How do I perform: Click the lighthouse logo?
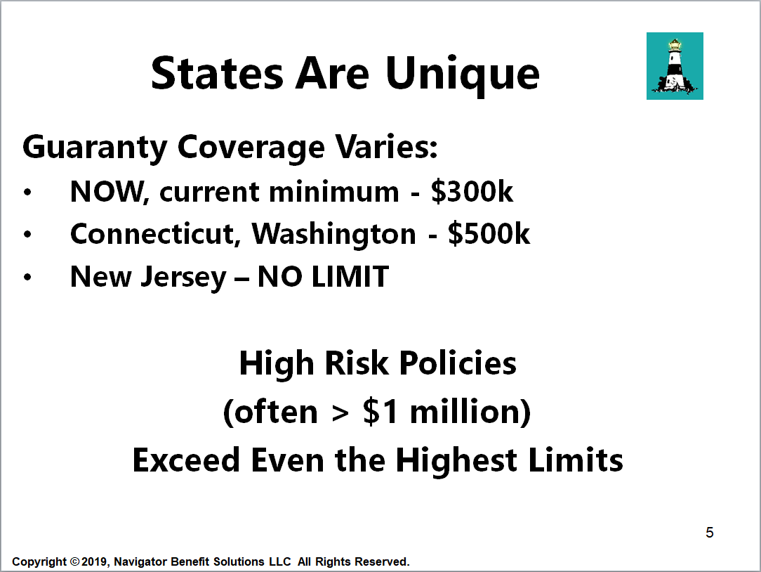click(x=675, y=66)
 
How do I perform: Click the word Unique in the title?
click(x=462, y=74)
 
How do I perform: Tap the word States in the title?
click(x=217, y=73)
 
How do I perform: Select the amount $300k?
click(x=472, y=191)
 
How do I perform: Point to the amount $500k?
click(x=489, y=234)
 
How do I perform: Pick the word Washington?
click(x=334, y=235)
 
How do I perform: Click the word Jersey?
click(x=183, y=278)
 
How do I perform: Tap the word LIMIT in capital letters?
click(x=350, y=277)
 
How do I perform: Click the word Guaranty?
click(x=95, y=148)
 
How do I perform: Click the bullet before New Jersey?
click(x=27, y=278)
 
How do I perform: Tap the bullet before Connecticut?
click(x=27, y=235)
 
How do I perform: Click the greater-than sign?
click(x=340, y=413)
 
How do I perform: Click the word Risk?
click(x=357, y=363)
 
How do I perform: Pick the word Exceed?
click(x=186, y=460)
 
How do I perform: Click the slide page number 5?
click(x=710, y=533)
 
